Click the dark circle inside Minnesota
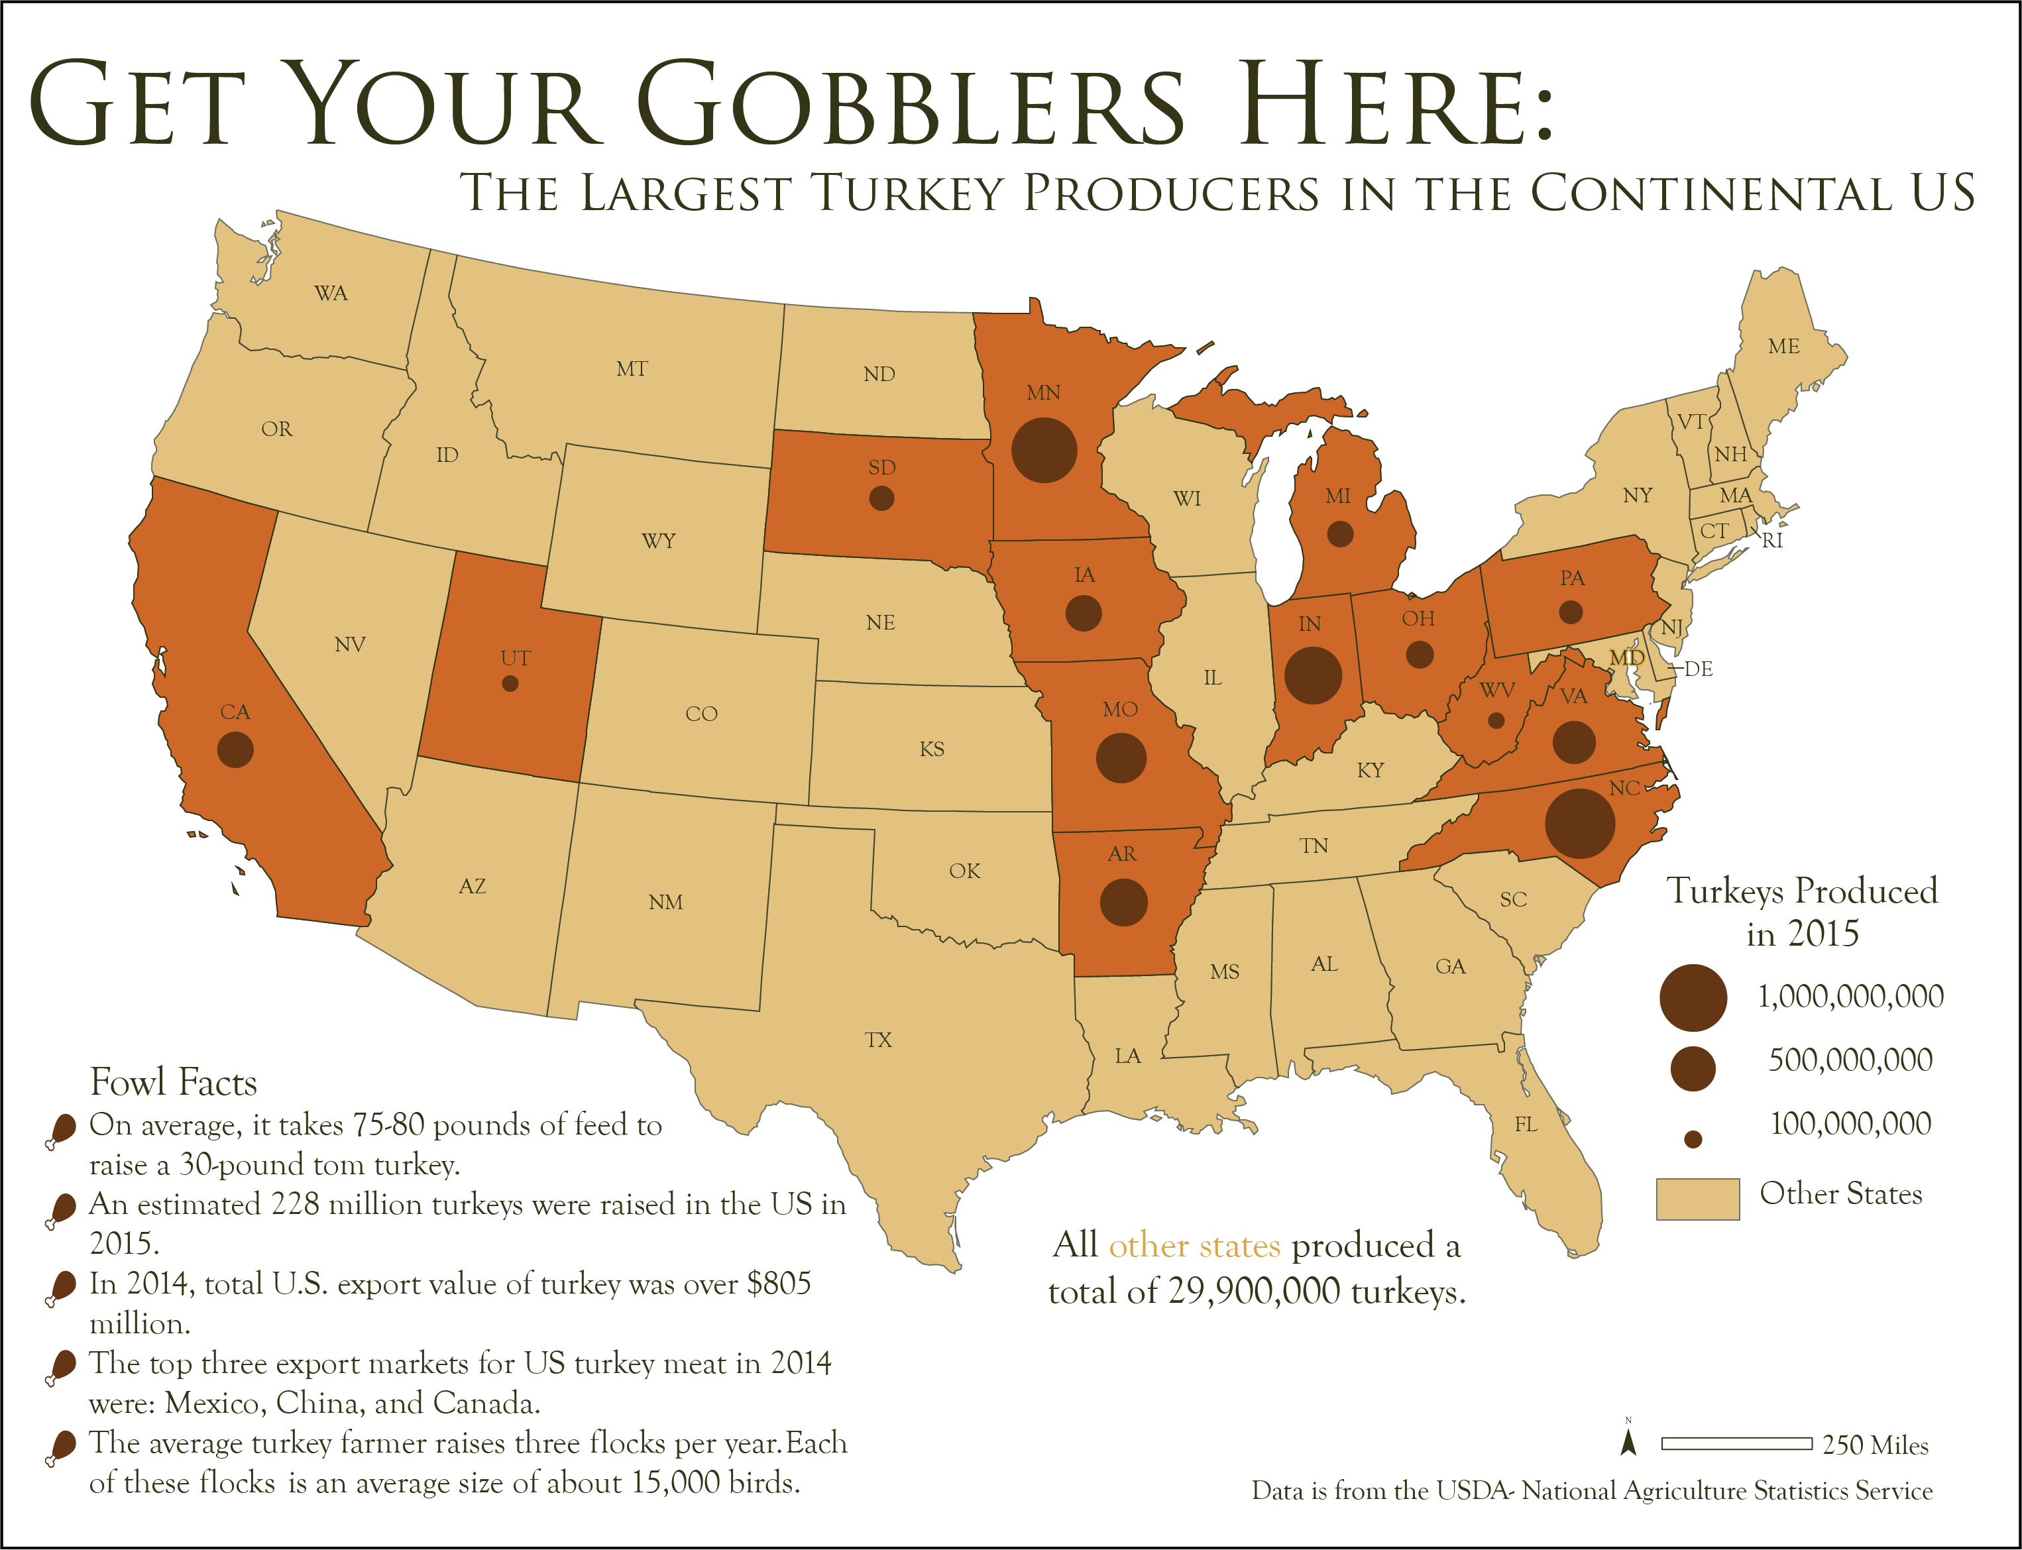[1044, 450]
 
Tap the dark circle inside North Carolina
[1579, 823]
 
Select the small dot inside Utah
[510, 684]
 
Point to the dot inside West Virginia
[1496, 720]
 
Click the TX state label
[878, 1040]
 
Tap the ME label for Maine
[1783, 346]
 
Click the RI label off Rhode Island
[1772, 541]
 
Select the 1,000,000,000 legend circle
[1693, 997]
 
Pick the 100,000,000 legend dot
[1693, 1139]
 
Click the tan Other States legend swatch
[1697, 1199]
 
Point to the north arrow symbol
[1629, 1442]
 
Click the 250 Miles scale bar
[1736, 1443]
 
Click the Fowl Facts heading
[174, 1082]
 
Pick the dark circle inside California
[235, 749]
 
